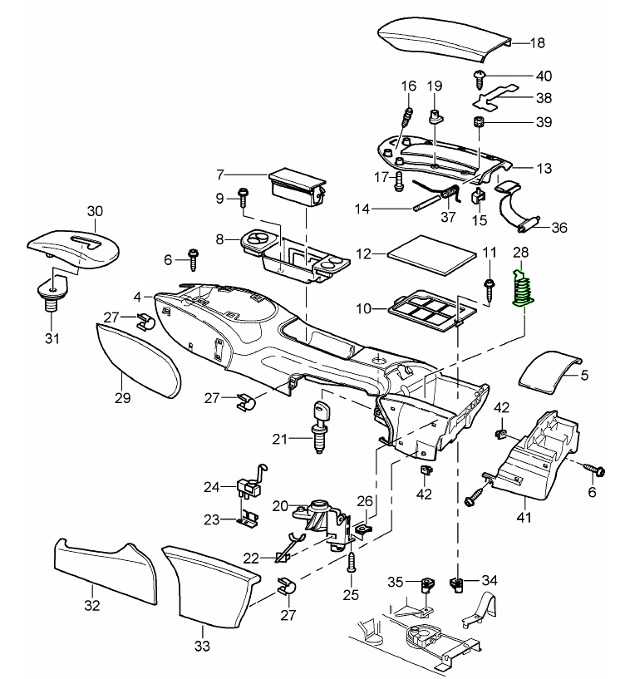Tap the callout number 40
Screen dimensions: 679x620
click(520, 76)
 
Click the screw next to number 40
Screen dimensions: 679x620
click(480, 77)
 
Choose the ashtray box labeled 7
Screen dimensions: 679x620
click(296, 186)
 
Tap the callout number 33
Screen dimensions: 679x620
click(203, 645)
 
